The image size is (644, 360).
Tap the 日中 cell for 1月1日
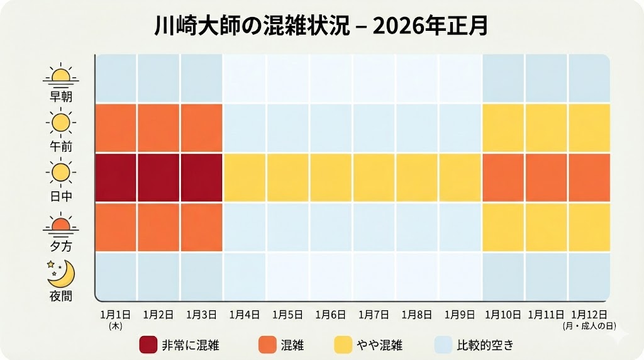point(116,177)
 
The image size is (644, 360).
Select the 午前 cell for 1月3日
point(202,128)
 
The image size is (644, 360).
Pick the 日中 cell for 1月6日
point(331,177)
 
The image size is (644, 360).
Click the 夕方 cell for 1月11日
point(547,227)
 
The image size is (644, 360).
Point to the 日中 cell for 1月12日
point(589,177)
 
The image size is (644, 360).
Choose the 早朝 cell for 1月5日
point(288,79)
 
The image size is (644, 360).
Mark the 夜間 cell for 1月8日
point(417,276)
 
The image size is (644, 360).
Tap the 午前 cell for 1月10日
point(503,128)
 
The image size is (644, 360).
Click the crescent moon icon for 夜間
point(61,273)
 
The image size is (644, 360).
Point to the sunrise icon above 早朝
point(61,76)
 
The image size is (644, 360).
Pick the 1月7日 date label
point(374,313)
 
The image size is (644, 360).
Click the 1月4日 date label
point(245,313)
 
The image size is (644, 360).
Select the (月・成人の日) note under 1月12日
point(589,326)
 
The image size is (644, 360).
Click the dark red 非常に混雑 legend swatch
point(148,344)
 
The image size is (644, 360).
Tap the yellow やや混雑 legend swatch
point(343,344)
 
